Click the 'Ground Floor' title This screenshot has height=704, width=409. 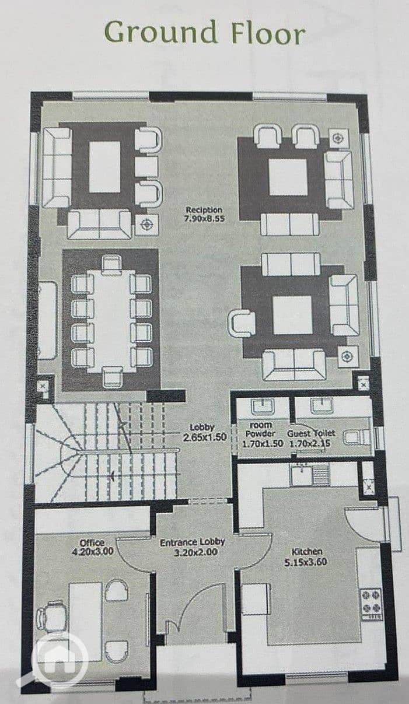click(204, 33)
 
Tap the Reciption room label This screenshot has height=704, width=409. click(204, 210)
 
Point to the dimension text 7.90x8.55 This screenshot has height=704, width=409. click(204, 219)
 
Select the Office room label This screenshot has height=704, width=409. click(92, 543)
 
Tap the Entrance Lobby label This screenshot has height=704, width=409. click(193, 542)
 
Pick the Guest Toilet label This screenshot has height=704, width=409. click(311, 433)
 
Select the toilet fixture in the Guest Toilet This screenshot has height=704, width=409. click(357, 437)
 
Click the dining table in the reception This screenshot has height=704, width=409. click(111, 321)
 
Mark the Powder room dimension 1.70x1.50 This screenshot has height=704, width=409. click(263, 443)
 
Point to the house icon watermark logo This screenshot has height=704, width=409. click(60, 660)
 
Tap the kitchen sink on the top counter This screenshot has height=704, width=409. click(301, 475)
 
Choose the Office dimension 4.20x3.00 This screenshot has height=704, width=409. click(92, 552)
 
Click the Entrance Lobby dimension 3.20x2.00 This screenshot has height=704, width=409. click(195, 552)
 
